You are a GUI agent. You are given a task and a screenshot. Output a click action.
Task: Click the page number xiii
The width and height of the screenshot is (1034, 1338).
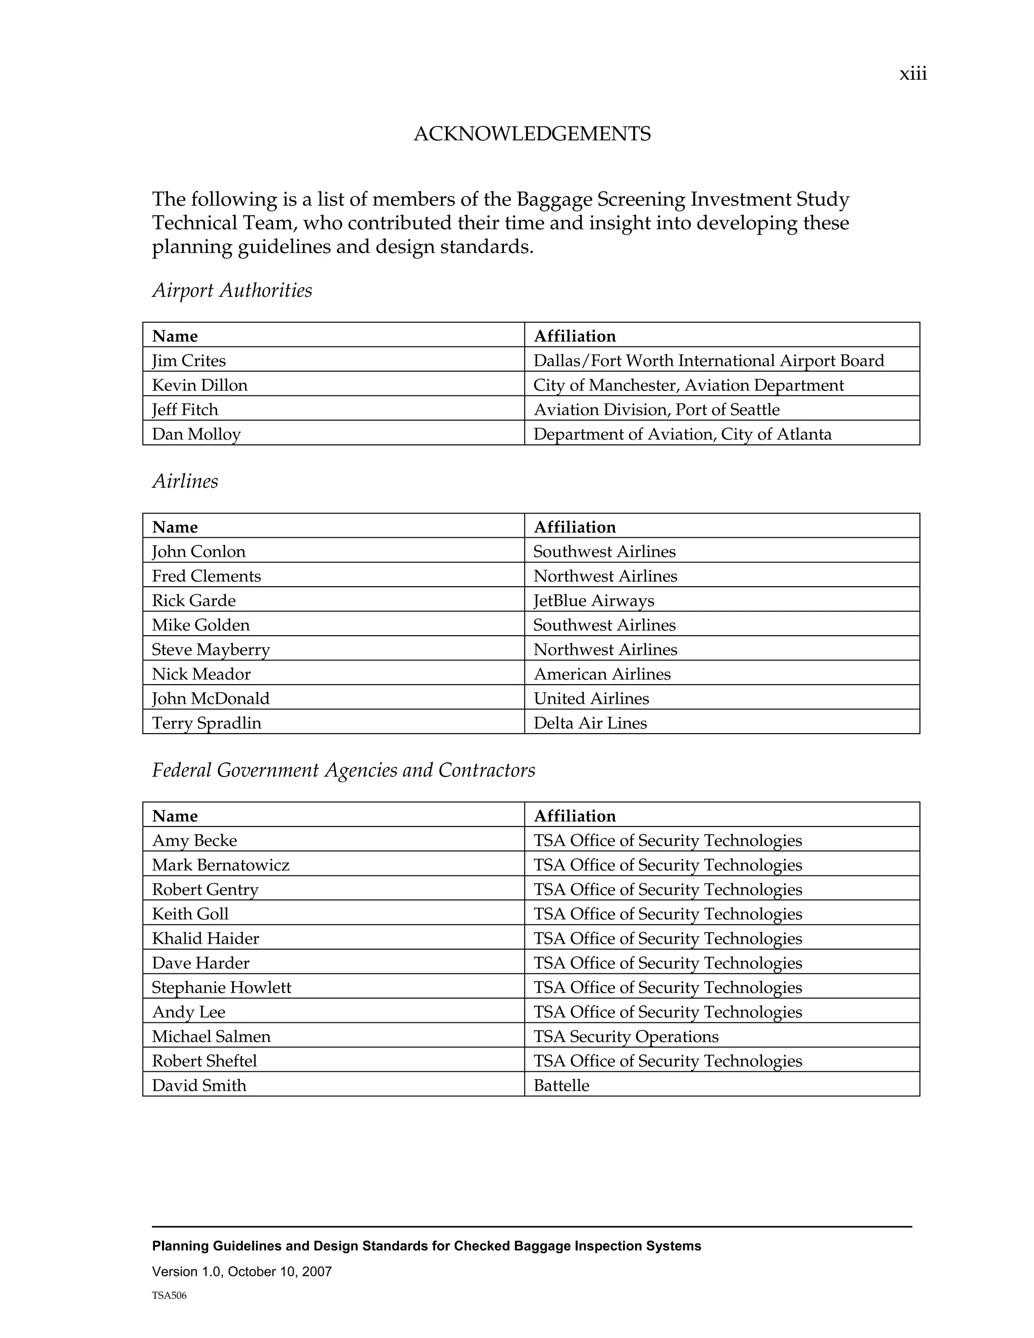pyautogui.click(x=913, y=74)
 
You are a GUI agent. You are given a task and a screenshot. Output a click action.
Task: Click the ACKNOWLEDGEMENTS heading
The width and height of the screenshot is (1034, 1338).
pyautogui.click(x=532, y=134)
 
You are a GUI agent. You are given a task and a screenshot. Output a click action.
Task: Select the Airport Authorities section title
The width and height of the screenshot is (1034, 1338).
pyautogui.click(x=232, y=290)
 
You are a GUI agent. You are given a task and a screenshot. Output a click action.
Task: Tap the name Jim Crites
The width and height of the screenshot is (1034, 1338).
pyautogui.click(x=189, y=360)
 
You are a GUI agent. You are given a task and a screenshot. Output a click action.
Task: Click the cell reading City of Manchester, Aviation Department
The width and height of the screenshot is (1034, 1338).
pyautogui.click(x=689, y=385)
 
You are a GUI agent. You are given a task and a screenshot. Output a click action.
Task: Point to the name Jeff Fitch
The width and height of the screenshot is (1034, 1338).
pyautogui.click(x=185, y=409)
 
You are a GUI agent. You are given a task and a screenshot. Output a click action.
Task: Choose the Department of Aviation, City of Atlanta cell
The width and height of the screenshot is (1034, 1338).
pyautogui.click(x=683, y=434)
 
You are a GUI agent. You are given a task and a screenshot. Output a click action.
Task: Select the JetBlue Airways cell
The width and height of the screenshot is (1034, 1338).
pyautogui.click(x=594, y=600)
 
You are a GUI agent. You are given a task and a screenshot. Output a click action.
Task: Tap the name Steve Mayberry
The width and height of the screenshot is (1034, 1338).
pyautogui.click(x=211, y=649)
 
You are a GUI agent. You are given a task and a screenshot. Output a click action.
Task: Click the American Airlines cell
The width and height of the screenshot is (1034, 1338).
pyautogui.click(x=602, y=674)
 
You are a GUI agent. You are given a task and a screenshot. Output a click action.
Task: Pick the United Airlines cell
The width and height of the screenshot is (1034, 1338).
pyautogui.click(x=591, y=698)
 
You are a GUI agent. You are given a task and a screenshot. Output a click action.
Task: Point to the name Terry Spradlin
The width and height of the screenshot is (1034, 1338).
pyautogui.click(x=206, y=723)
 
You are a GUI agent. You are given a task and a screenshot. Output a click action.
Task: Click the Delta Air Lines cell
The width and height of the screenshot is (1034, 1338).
pyautogui.click(x=590, y=723)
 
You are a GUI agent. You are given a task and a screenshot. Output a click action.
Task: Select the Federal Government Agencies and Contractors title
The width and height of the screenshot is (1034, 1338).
pyautogui.click(x=343, y=770)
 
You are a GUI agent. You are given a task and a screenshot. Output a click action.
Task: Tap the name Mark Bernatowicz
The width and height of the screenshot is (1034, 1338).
pyautogui.click(x=221, y=864)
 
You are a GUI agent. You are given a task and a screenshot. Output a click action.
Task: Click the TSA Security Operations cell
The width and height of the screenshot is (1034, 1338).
pyautogui.click(x=626, y=1036)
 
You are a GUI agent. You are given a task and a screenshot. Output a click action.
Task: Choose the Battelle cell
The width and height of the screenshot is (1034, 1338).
pyautogui.click(x=561, y=1085)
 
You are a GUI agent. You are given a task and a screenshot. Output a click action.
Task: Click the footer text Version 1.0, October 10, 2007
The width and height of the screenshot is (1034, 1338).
pyautogui.click(x=242, y=1271)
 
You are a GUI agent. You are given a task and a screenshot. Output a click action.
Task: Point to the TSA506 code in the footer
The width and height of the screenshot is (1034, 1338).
pyautogui.click(x=169, y=1295)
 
